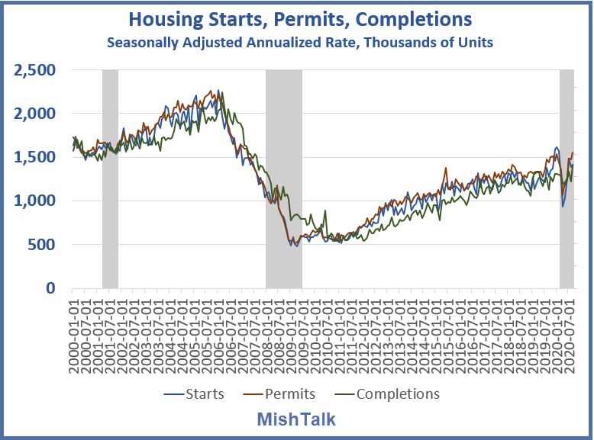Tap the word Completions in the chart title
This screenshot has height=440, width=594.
click(415, 18)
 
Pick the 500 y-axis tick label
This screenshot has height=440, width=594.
click(45, 245)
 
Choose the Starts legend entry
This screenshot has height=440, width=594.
click(195, 393)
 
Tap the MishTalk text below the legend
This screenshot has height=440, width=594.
click(296, 419)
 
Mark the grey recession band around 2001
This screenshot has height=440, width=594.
click(110, 179)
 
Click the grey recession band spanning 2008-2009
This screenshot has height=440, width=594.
click(283, 179)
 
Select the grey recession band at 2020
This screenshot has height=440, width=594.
click(567, 179)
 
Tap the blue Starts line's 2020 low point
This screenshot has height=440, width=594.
click(563, 206)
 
